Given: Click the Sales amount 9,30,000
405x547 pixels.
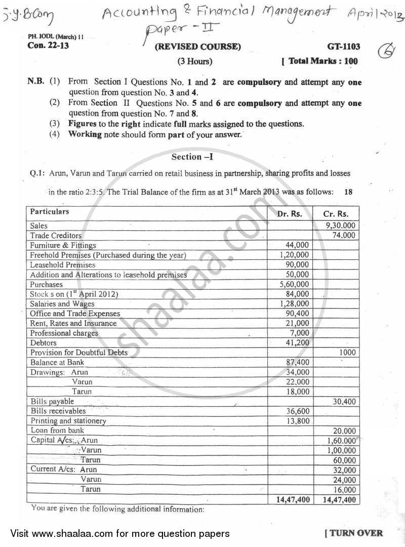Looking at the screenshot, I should tap(341, 226).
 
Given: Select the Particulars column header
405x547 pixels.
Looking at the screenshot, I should tap(50, 212).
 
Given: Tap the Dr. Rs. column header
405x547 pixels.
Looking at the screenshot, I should tap(290, 214).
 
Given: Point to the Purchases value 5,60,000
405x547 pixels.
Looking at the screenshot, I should tap(294, 284).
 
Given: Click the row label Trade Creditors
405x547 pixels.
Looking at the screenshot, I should tap(56, 236).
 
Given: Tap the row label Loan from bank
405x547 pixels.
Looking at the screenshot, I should tap(58, 431).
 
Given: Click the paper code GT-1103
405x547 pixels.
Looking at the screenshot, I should tap(344, 47).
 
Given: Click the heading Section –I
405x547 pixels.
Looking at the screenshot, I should tap(192, 157).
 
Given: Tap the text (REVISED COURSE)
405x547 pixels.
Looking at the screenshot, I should tap(198, 47).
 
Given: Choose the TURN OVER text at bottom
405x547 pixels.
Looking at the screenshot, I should tap(353, 533).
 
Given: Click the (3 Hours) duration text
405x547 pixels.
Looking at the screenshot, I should tap(194, 62).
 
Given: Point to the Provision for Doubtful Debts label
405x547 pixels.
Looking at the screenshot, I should tap(79, 353).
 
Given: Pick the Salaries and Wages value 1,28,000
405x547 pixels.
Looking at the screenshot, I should tap(294, 304).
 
